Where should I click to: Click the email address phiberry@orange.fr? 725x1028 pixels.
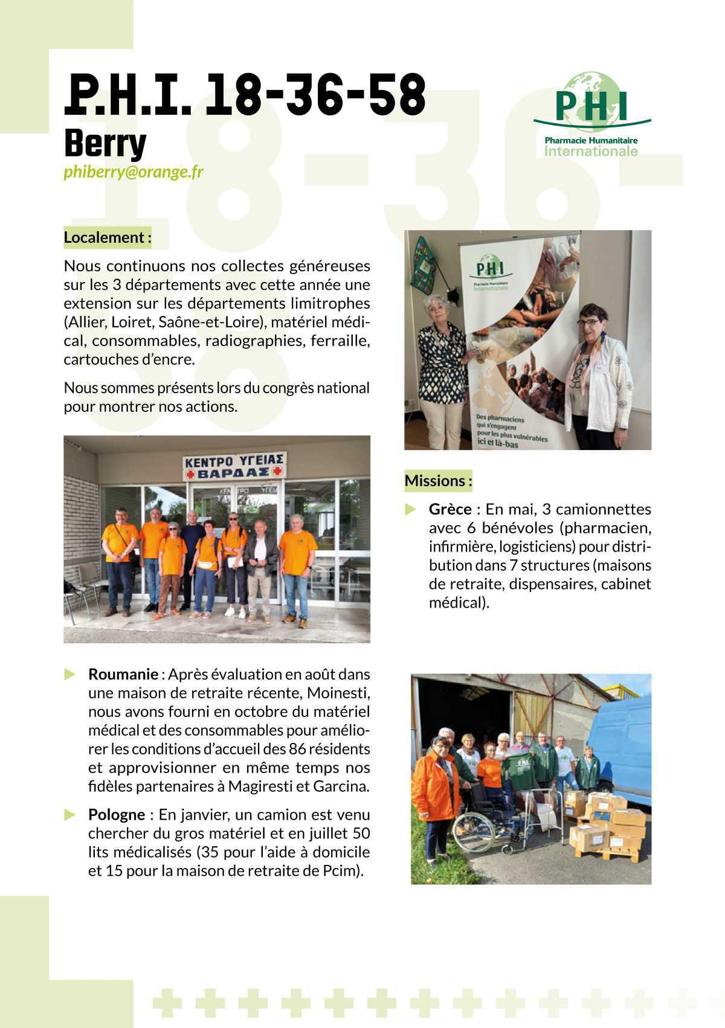(x=134, y=172)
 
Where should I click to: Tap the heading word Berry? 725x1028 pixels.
(x=105, y=143)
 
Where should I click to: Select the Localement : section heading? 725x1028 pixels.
(x=108, y=237)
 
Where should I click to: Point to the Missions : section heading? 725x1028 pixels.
(x=438, y=481)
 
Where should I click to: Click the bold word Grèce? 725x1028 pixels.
(x=450, y=509)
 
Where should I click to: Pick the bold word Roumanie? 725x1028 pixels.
(x=123, y=674)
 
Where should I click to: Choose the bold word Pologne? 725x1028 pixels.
(x=117, y=815)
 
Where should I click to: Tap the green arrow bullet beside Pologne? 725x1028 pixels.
(x=70, y=815)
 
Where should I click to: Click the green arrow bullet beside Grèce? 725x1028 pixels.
(x=411, y=509)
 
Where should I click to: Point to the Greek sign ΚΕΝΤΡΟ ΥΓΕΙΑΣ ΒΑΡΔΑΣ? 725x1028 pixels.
(x=235, y=466)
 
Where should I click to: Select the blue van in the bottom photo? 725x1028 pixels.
(x=622, y=749)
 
